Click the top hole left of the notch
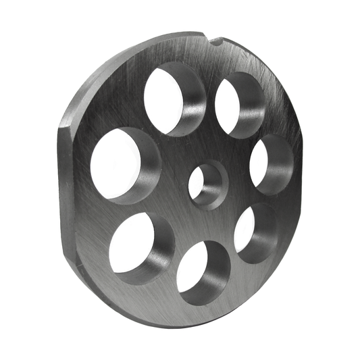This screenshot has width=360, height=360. click(x=172, y=98)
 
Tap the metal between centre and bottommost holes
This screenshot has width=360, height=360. click(x=203, y=223)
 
